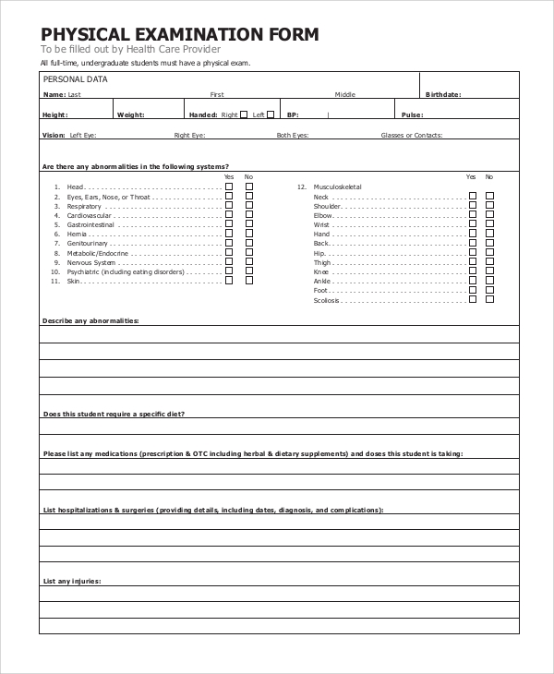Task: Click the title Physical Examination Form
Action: coord(180,35)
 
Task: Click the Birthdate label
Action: coord(442,94)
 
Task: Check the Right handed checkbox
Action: coord(245,114)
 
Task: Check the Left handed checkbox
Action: coord(271,114)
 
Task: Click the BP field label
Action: coord(293,114)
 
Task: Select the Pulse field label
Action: coord(413,114)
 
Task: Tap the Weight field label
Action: coord(130,114)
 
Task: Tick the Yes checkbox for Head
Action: coord(229,187)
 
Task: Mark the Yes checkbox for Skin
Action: coord(229,281)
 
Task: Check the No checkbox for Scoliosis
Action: coord(489,299)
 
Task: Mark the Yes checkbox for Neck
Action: coord(472,196)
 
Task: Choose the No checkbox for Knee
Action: coord(489,271)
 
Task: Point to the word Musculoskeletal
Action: coord(338,187)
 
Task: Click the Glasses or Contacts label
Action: coord(412,135)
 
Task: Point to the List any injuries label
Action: coord(72,581)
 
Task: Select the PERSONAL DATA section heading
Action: coord(76,79)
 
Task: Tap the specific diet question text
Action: coord(114,414)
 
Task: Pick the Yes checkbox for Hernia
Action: coord(229,234)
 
